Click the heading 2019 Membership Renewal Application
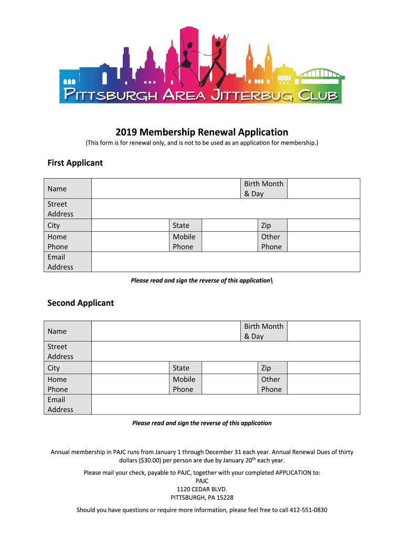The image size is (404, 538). (x=202, y=132)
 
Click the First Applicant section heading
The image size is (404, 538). (x=75, y=163)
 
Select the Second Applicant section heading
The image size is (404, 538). (x=80, y=303)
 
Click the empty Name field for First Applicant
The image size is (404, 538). (x=166, y=189)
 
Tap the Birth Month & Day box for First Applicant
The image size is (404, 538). (x=323, y=189)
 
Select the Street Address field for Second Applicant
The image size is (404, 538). (x=226, y=351)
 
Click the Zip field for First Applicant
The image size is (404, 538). (x=323, y=225)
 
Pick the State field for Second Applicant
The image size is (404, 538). (x=229, y=368)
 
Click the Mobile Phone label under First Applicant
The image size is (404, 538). (x=184, y=242)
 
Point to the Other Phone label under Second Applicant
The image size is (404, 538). (x=271, y=384)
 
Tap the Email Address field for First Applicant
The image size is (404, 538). (x=226, y=262)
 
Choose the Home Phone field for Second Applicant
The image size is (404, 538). (x=130, y=384)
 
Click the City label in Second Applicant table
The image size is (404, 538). (x=54, y=368)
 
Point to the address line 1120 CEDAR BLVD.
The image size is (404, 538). (x=202, y=489)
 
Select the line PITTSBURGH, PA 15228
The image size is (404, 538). (x=202, y=498)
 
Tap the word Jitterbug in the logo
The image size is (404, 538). (x=249, y=96)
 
